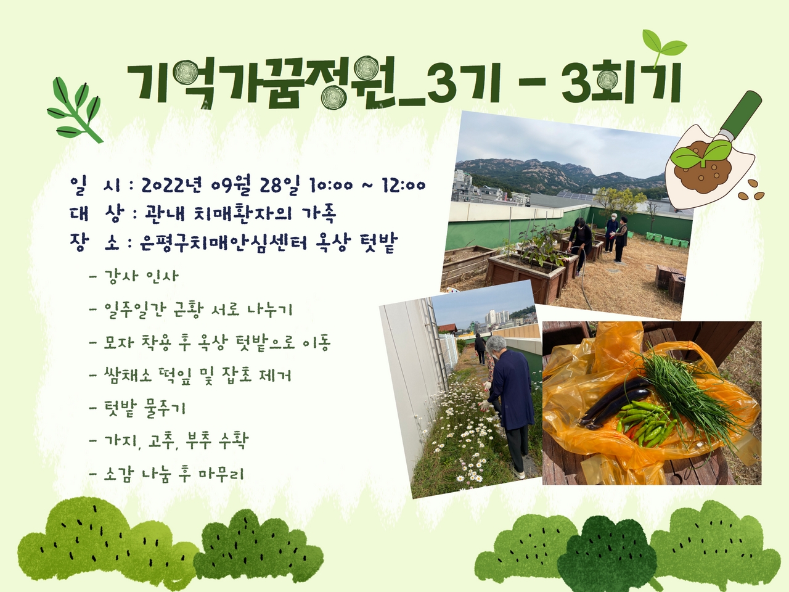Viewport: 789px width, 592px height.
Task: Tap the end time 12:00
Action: click(404, 186)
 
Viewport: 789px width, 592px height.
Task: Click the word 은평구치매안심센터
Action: click(223, 243)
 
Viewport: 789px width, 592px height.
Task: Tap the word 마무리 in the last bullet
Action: click(221, 474)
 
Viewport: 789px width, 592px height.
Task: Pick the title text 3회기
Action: click(619, 84)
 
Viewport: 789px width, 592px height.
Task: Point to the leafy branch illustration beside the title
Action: click(75, 110)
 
